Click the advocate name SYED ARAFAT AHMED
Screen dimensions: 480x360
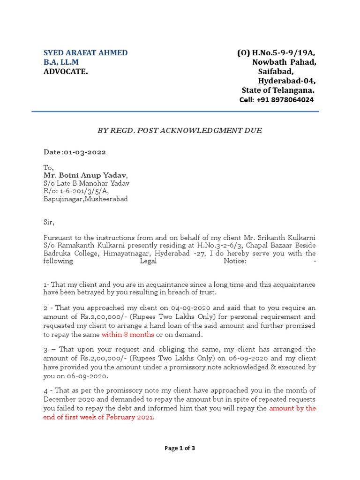coord(85,52)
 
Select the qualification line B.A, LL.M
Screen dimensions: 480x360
coord(61,62)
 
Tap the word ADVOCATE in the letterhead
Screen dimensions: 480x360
coord(65,71)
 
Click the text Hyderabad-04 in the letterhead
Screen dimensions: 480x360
coord(287,81)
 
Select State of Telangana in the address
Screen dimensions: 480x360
coord(278,90)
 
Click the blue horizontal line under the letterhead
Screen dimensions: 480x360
coord(175,112)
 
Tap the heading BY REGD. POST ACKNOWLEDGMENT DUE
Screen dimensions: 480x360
coord(180,131)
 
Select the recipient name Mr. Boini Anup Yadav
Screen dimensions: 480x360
coord(85,175)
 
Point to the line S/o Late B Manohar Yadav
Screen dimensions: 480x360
coord(86,183)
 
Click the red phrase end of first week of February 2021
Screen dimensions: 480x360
coord(99,418)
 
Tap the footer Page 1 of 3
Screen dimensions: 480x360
coord(180,448)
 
